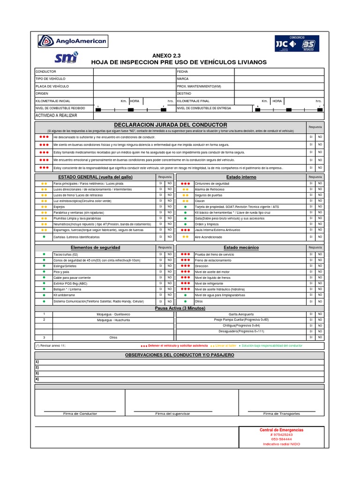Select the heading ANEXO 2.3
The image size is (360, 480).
[166, 55]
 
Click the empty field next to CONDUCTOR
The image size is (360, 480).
[134, 72]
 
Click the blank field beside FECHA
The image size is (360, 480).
[278, 72]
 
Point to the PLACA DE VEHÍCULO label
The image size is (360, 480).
[52, 86]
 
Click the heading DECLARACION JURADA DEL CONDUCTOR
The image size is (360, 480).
[171, 125]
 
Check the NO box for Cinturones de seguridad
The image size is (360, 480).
[320, 183]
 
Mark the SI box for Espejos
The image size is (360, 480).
[160, 207]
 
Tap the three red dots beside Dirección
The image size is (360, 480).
[185, 266]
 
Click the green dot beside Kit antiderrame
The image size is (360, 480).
[44, 295]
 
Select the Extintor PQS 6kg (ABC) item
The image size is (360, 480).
[71, 284]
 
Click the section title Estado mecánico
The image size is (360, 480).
[241, 247]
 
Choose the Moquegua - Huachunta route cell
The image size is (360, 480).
[113, 320]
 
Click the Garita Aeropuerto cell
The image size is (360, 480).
[241, 314]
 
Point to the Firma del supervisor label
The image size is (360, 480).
[172, 414]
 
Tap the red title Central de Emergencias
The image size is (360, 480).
[281, 430]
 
